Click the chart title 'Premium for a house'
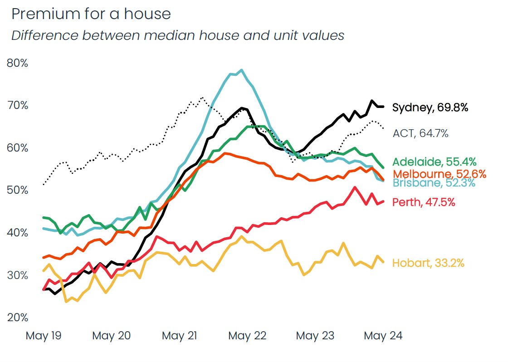pyautogui.click(x=91, y=14)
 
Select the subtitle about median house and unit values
pyautogui.click(x=178, y=35)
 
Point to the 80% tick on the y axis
pyautogui.click(x=18, y=63)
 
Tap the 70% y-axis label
pyautogui.click(x=18, y=105)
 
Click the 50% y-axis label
pyautogui.click(x=18, y=190)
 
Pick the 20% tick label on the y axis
pyautogui.click(x=18, y=317)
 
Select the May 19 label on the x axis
pyautogui.click(x=44, y=336)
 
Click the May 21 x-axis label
pyautogui.click(x=180, y=336)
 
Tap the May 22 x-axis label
pyautogui.click(x=247, y=336)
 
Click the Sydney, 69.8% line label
pyautogui.click(x=430, y=108)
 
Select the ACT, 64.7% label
pyautogui.click(x=420, y=133)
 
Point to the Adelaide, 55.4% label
pyautogui.click(x=435, y=161)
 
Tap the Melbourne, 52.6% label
pyautogui.click(x=439, y=174)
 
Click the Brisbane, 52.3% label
pyautogui.click(x=434, y=183)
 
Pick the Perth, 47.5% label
pyautogui.click(x=424, y=202)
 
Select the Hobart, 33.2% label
pyautogui.click(x=428, y=263)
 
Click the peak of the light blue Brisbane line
pyautogui.click(x=242, y=70)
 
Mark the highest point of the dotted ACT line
pyautogui.click(x=202, y=98)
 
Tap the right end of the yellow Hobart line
pyautogui.click(x=384, y=262)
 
